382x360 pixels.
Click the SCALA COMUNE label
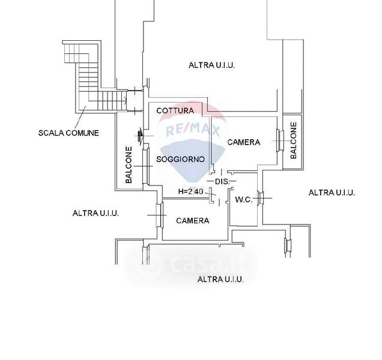coord(68,133)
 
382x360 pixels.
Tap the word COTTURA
coord(175,111)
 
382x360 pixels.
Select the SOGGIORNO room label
coord(180,160)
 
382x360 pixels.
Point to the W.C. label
coord(243,199)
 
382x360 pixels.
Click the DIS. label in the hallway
coord(222,181)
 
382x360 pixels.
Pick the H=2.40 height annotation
coord(191,191)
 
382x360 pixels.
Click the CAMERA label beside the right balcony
coord(244,142)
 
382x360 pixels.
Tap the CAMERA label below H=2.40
coord(193,221)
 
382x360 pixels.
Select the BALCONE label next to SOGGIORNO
coord(129,165)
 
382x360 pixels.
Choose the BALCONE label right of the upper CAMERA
coord(294,140)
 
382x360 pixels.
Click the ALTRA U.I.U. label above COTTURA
coord(211,65)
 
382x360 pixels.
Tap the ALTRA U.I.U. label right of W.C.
coord(332,193)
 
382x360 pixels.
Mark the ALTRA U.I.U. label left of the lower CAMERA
coord(95,213)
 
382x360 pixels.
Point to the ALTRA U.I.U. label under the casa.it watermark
coord(220,279)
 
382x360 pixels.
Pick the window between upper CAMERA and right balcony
coord(279,141)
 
